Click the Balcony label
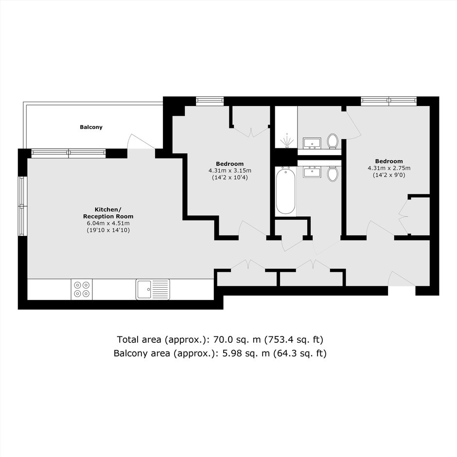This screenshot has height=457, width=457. point(91,127)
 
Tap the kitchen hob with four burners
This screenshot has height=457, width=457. point(82,289)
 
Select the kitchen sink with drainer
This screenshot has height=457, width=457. point(153,289)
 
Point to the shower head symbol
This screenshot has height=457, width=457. point(287,141)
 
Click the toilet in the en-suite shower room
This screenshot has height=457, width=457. point(332,141)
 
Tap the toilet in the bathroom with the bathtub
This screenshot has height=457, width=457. point(332,174)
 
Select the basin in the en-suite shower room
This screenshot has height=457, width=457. point(312,143)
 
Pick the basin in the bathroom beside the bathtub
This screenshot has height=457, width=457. point(312,172)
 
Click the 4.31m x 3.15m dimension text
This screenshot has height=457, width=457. point(229,171)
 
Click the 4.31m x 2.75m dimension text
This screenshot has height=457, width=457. point(389,168)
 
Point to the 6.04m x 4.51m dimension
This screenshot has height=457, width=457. point(108,223)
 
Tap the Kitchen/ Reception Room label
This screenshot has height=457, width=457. point(108,213)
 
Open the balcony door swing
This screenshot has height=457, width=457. point(141,141)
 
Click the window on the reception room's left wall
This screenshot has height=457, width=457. point(22,206)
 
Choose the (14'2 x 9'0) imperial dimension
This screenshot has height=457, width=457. point(389,175)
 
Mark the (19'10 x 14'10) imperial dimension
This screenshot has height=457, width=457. point(108,230)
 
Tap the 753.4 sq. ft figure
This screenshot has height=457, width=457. point(294,339)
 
